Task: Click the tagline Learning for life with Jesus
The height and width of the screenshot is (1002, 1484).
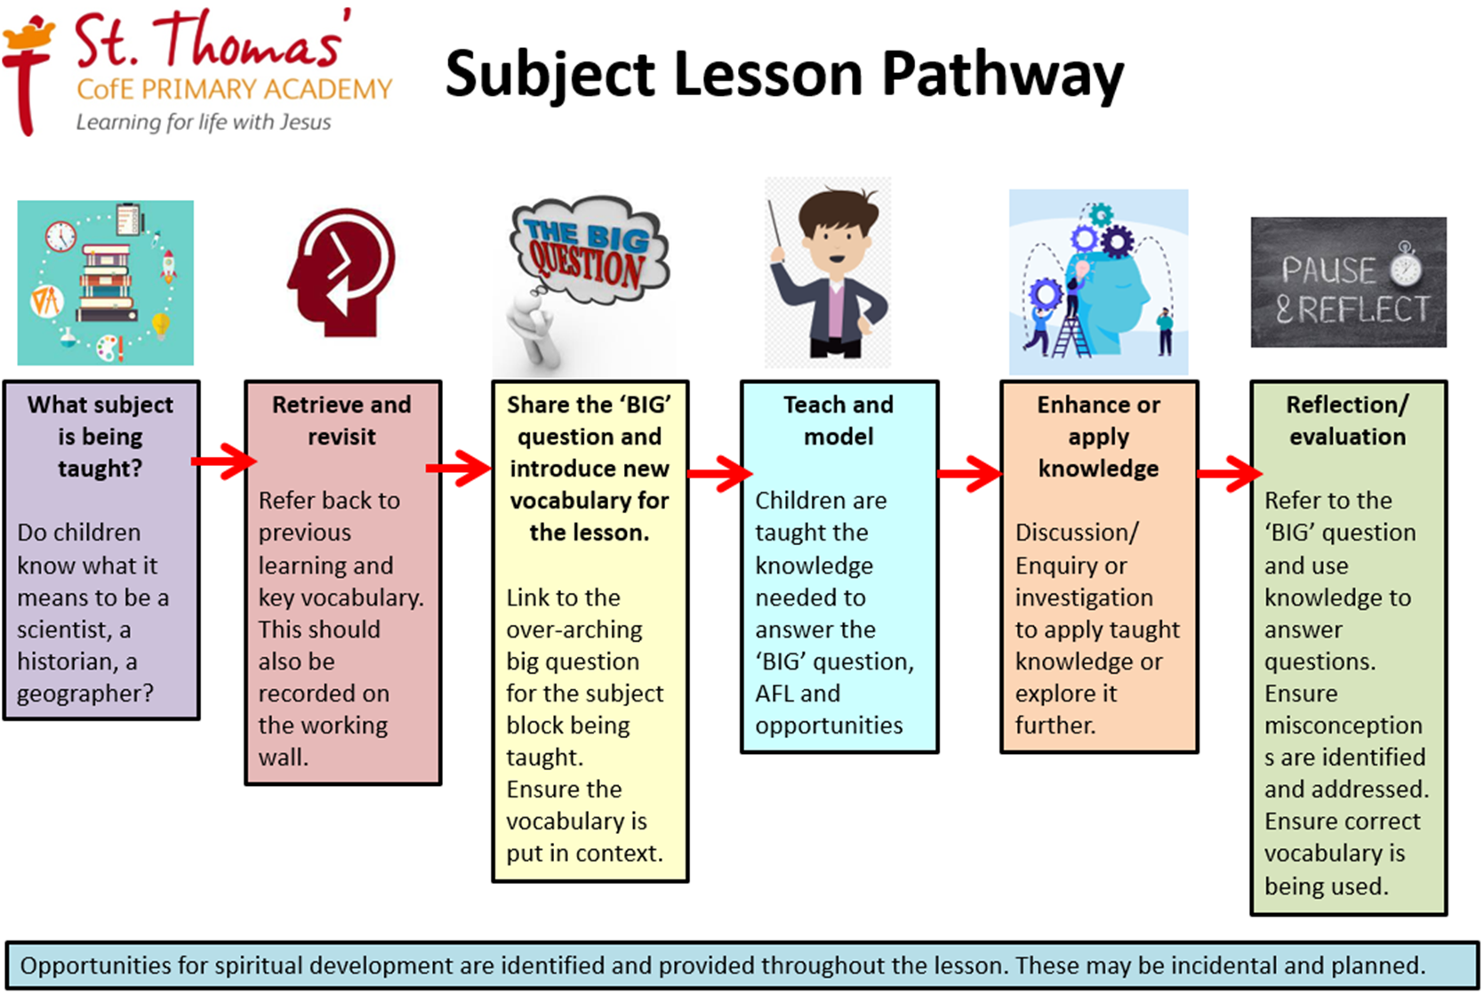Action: coord(204,123)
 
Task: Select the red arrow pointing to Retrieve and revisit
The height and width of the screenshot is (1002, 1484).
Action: coord(223,461)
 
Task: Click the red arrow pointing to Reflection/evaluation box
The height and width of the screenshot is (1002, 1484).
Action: coord(1230,473)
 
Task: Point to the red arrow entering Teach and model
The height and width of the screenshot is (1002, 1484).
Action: coord(719,473)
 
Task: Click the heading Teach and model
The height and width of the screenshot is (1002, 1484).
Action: coord(838,421)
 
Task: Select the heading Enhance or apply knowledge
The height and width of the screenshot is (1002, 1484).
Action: coord(1098,437)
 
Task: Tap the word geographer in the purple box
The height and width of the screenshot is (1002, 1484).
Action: coord(84,694)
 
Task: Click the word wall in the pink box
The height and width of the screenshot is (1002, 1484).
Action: coord(283,757)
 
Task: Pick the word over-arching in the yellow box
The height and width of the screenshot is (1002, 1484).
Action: coord(574,629)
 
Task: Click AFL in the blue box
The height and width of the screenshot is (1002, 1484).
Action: coord(778,693)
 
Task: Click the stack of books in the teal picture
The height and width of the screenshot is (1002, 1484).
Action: coord(106,284)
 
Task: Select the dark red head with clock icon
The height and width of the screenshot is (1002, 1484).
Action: coord(341,272)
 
